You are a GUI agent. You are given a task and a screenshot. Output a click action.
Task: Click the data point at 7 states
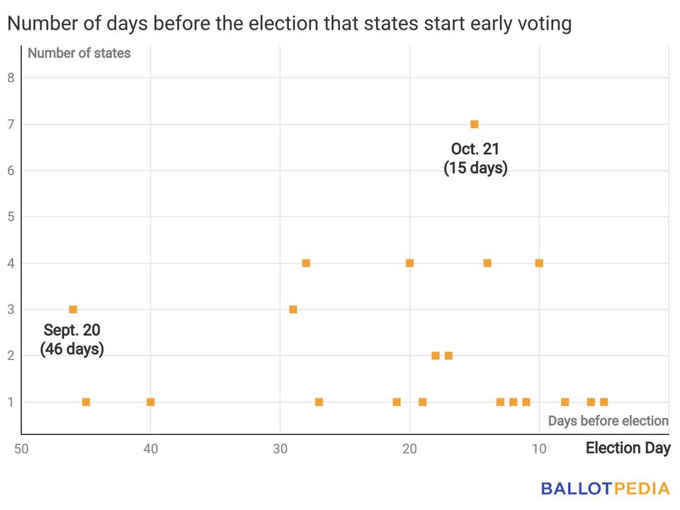pos(475,124)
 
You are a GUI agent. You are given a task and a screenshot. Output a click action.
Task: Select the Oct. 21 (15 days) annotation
pos(475,159)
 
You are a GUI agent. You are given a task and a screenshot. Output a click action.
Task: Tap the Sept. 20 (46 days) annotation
pos(72,339)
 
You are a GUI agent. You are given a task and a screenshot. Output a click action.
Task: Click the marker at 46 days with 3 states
pos(73,310)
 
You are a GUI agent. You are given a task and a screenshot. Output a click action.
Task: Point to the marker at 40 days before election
pos(150,402)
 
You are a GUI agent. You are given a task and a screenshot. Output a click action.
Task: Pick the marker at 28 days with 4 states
pos(306,263)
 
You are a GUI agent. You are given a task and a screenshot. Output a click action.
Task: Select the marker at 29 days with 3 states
pos(293,310)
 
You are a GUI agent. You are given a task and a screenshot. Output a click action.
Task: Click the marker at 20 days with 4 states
pos(409,263)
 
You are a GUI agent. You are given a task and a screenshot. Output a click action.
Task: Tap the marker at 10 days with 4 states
pos(539,263)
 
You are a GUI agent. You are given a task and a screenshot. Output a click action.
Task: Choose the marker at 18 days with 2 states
pos(436,356)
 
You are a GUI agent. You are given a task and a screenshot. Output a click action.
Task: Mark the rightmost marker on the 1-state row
pos(603,402)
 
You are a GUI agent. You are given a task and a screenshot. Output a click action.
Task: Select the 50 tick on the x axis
pos(21,448)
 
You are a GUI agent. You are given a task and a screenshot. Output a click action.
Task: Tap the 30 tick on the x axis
pos(280,448)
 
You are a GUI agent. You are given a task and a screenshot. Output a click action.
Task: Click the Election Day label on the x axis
pos(628,448)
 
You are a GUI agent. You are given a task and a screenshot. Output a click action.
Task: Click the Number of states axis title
pos(79,53)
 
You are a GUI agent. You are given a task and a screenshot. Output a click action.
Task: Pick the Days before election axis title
pos(608,421)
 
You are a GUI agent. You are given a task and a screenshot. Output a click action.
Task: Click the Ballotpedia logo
pos(605,488)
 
